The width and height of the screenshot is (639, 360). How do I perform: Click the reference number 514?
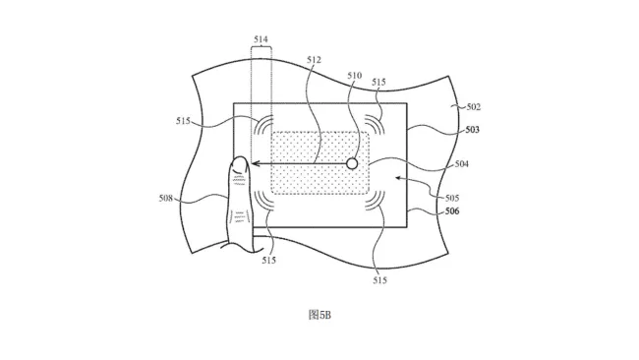click(261, 39)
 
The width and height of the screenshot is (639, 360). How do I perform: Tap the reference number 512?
click(314, 60)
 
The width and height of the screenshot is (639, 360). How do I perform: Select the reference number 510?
click(355, 76)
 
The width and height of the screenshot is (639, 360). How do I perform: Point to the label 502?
click(474, 107)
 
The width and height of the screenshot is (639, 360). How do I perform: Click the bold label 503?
click(472, 130)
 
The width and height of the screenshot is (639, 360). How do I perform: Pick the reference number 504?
click(462, 164)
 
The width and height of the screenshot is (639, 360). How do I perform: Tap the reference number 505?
click(452, 198)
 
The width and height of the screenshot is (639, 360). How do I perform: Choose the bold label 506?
click(452, 211)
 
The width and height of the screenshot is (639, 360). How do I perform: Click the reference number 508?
click(166, 199)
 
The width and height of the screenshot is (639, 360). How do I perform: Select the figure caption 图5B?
click(319, 315)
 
